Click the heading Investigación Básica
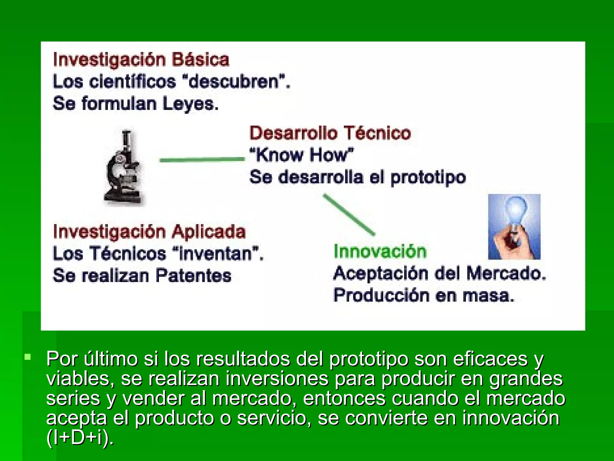(x=141, y=60)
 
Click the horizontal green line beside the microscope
(x=202, y=160)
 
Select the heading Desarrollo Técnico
(x=330, y=133)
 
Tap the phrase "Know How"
(x=302, y=155)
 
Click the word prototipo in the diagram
(x=428, y=177)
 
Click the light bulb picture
(x=514, y=227)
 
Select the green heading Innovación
(x=380, y=252)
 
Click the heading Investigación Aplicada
(x=149, y=232)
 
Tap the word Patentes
(x=194, y=276)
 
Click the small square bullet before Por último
(x=28, y=357)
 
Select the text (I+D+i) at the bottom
(x=80, y=438)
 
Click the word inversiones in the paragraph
(x=277, y=378)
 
